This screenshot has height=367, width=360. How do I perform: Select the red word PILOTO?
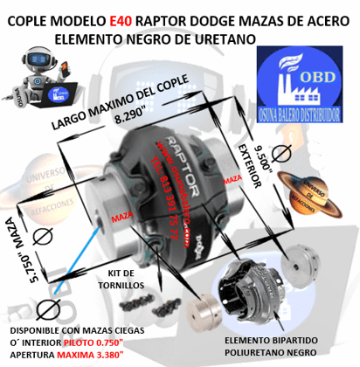pos(107,343)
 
